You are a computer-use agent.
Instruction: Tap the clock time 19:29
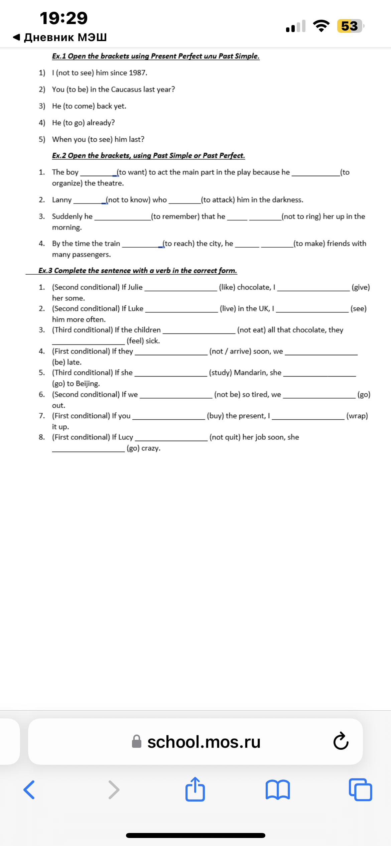pyautogui.click(x=63, y=18)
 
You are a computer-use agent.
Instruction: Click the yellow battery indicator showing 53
pyautogui.click(x=350, y=26)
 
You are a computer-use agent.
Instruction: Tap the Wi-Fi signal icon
pyautogui.click(x=321, y=26)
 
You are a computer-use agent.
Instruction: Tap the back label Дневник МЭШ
pyautogui.click(x=65, y=37)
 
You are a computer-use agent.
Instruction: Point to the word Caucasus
pyautogui.click(x=126, y=90)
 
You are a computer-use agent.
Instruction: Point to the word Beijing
pyautogui.click(x=87, y=384)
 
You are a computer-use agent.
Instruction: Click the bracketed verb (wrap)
pyautogui.click(x=357, y=416)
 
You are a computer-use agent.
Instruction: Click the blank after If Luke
pyautogui.click(x=181, y=309)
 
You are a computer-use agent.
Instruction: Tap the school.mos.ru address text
pyautogui.click(x=204, y=742)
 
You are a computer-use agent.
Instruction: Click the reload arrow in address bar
pyautogui.click(x=341, y=741)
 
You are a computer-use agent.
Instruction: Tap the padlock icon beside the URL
pyautogui.click(x=136, y=741)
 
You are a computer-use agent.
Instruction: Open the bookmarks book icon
pyautogui.click(x=277, y=790)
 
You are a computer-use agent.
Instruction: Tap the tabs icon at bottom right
pyautogui.click(x=360, y=790)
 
